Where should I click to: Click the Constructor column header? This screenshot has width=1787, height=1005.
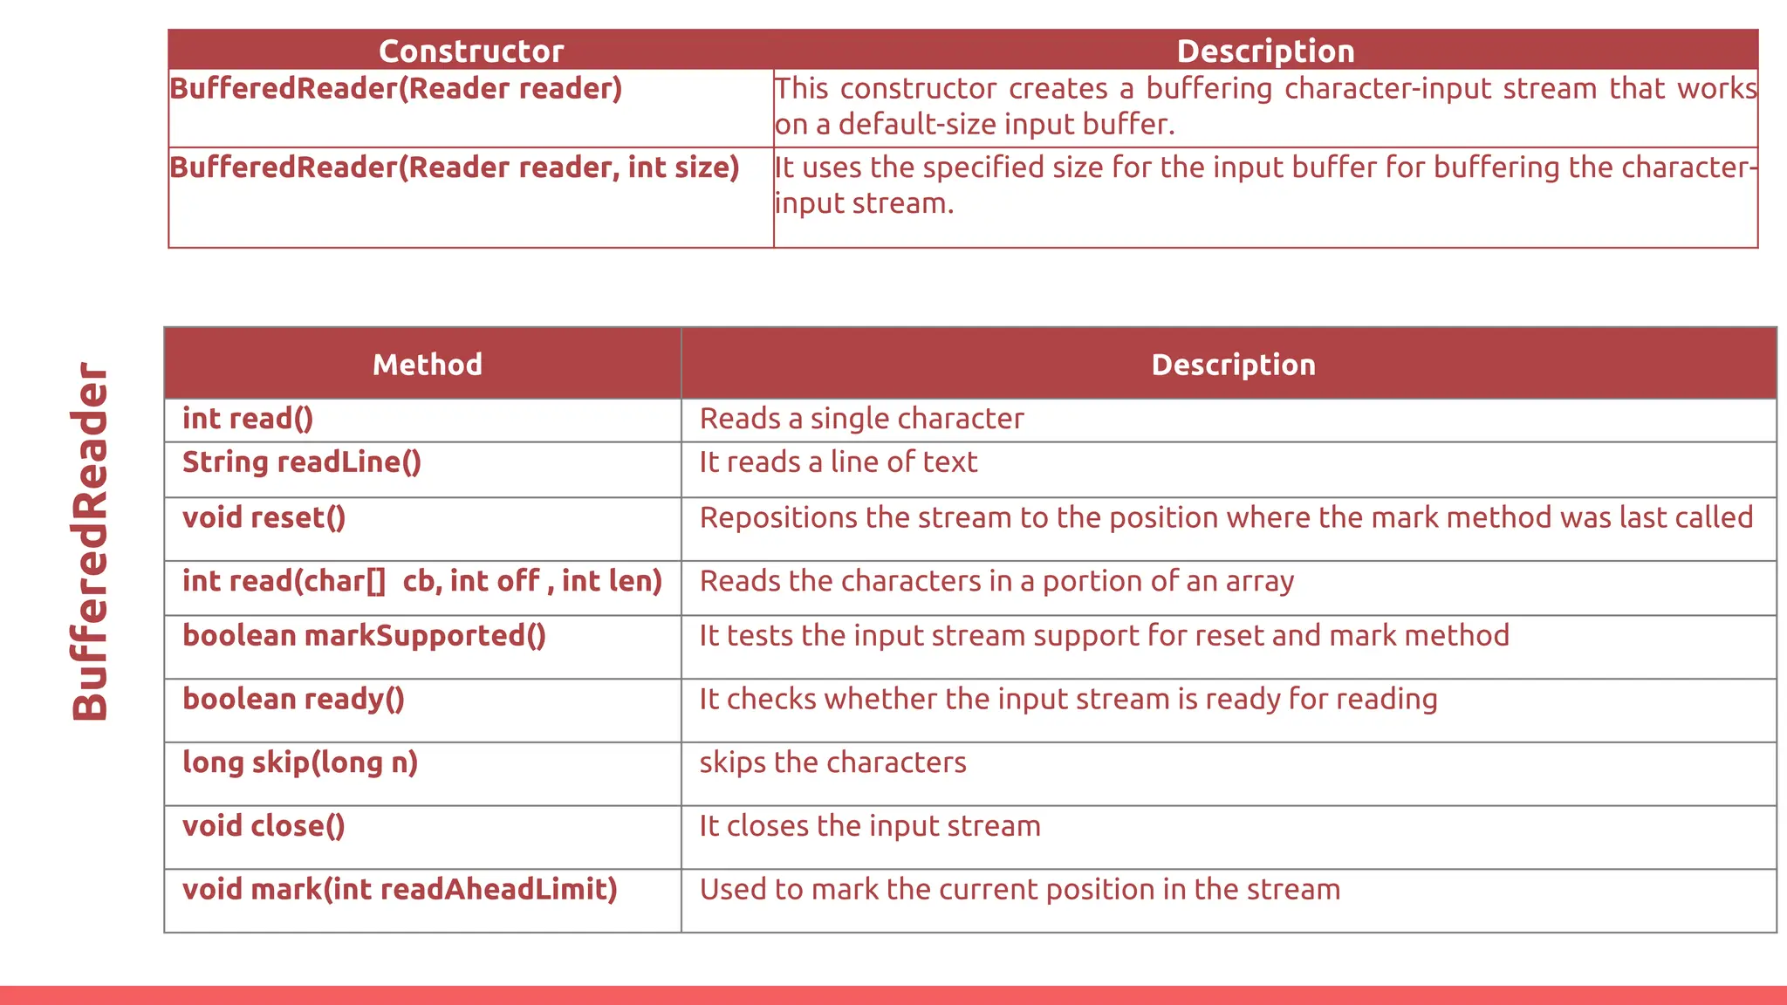coord(471,51)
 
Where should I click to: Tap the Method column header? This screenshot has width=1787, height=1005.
coord(427,365)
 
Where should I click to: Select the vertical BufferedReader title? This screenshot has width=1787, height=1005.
coord(91,541)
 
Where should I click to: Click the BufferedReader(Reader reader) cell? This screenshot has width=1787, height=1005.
coord(395,89)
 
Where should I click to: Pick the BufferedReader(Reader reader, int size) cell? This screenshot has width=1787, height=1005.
coord(454,167)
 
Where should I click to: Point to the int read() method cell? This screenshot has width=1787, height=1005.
coord(247,420)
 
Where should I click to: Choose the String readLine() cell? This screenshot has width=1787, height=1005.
coord(301,462)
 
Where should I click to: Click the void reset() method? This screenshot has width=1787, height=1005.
coord(264,518)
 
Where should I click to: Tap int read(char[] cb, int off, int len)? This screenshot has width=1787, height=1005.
coord(421,582)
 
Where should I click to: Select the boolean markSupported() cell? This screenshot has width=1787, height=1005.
coord(364,636)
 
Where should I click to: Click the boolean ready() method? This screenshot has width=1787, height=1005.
coord(293,700)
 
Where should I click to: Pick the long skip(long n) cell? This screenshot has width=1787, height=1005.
coord(299,763)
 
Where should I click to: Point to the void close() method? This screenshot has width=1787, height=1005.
coord(264,826)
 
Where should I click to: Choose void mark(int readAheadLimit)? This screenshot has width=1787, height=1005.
coord(400,890)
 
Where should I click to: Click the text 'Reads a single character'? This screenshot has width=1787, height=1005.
coord(861,420)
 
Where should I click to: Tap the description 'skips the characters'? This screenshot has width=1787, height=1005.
coord(832,763)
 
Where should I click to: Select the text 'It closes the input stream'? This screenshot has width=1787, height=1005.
coord(869,826)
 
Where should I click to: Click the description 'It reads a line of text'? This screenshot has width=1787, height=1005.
coord(838,462)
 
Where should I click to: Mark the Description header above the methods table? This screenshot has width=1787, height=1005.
coord(1233,365)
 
